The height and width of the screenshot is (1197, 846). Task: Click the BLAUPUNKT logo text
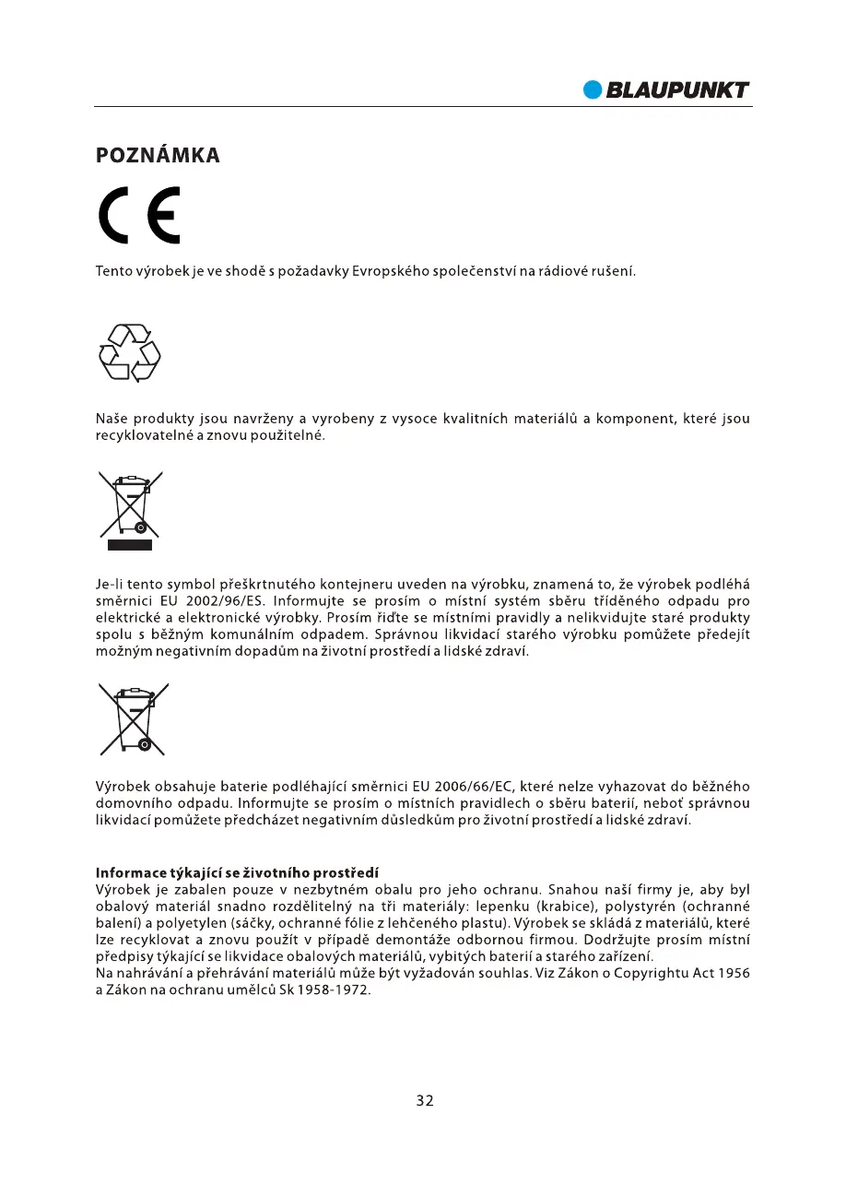pyautogui.click(x=677, y=89)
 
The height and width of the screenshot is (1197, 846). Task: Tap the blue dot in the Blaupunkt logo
pyautogui.click(x=593, y=89)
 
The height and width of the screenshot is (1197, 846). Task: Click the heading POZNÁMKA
pyautogui.click(x=158, y=155)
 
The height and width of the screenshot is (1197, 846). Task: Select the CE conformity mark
pyautogui.click(x=139, y=215)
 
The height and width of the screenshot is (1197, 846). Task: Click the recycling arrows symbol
pyautogui.click(x=129, y=352)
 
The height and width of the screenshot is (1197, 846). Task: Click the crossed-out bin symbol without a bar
pyautogui.click(x=134, y=718)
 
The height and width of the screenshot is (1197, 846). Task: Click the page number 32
pyautogui.click(x=424, y=1100)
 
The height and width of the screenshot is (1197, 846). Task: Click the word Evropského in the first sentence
pyautogui.click(x=390, y=272)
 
